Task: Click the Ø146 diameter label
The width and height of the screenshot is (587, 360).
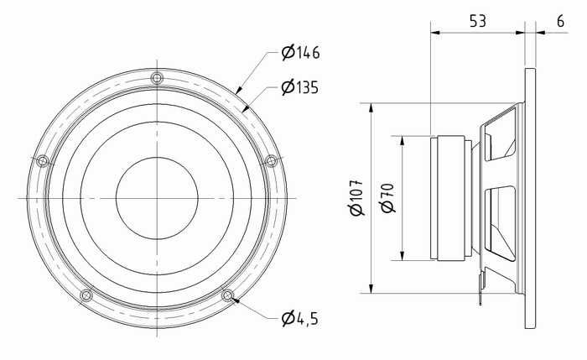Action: click(x=300, y=52)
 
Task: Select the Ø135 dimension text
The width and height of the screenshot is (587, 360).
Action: click(x=300, y=87)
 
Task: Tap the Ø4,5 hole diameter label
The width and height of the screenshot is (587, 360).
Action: click(x=300, y=318)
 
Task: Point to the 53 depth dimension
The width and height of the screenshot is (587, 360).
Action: click(x=478, y=21)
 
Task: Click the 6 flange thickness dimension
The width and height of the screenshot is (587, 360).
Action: click(x=560, y=21)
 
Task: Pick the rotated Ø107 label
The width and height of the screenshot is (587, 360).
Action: click(x=356, y=198)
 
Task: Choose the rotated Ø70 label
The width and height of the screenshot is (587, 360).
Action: click(x=387, y=198)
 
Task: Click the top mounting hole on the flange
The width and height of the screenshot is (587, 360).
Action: click(x=157, y=78)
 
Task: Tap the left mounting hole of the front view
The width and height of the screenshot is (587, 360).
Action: click(x=43, y=161)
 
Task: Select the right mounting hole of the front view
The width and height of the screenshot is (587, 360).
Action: click(x=271, y=161)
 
